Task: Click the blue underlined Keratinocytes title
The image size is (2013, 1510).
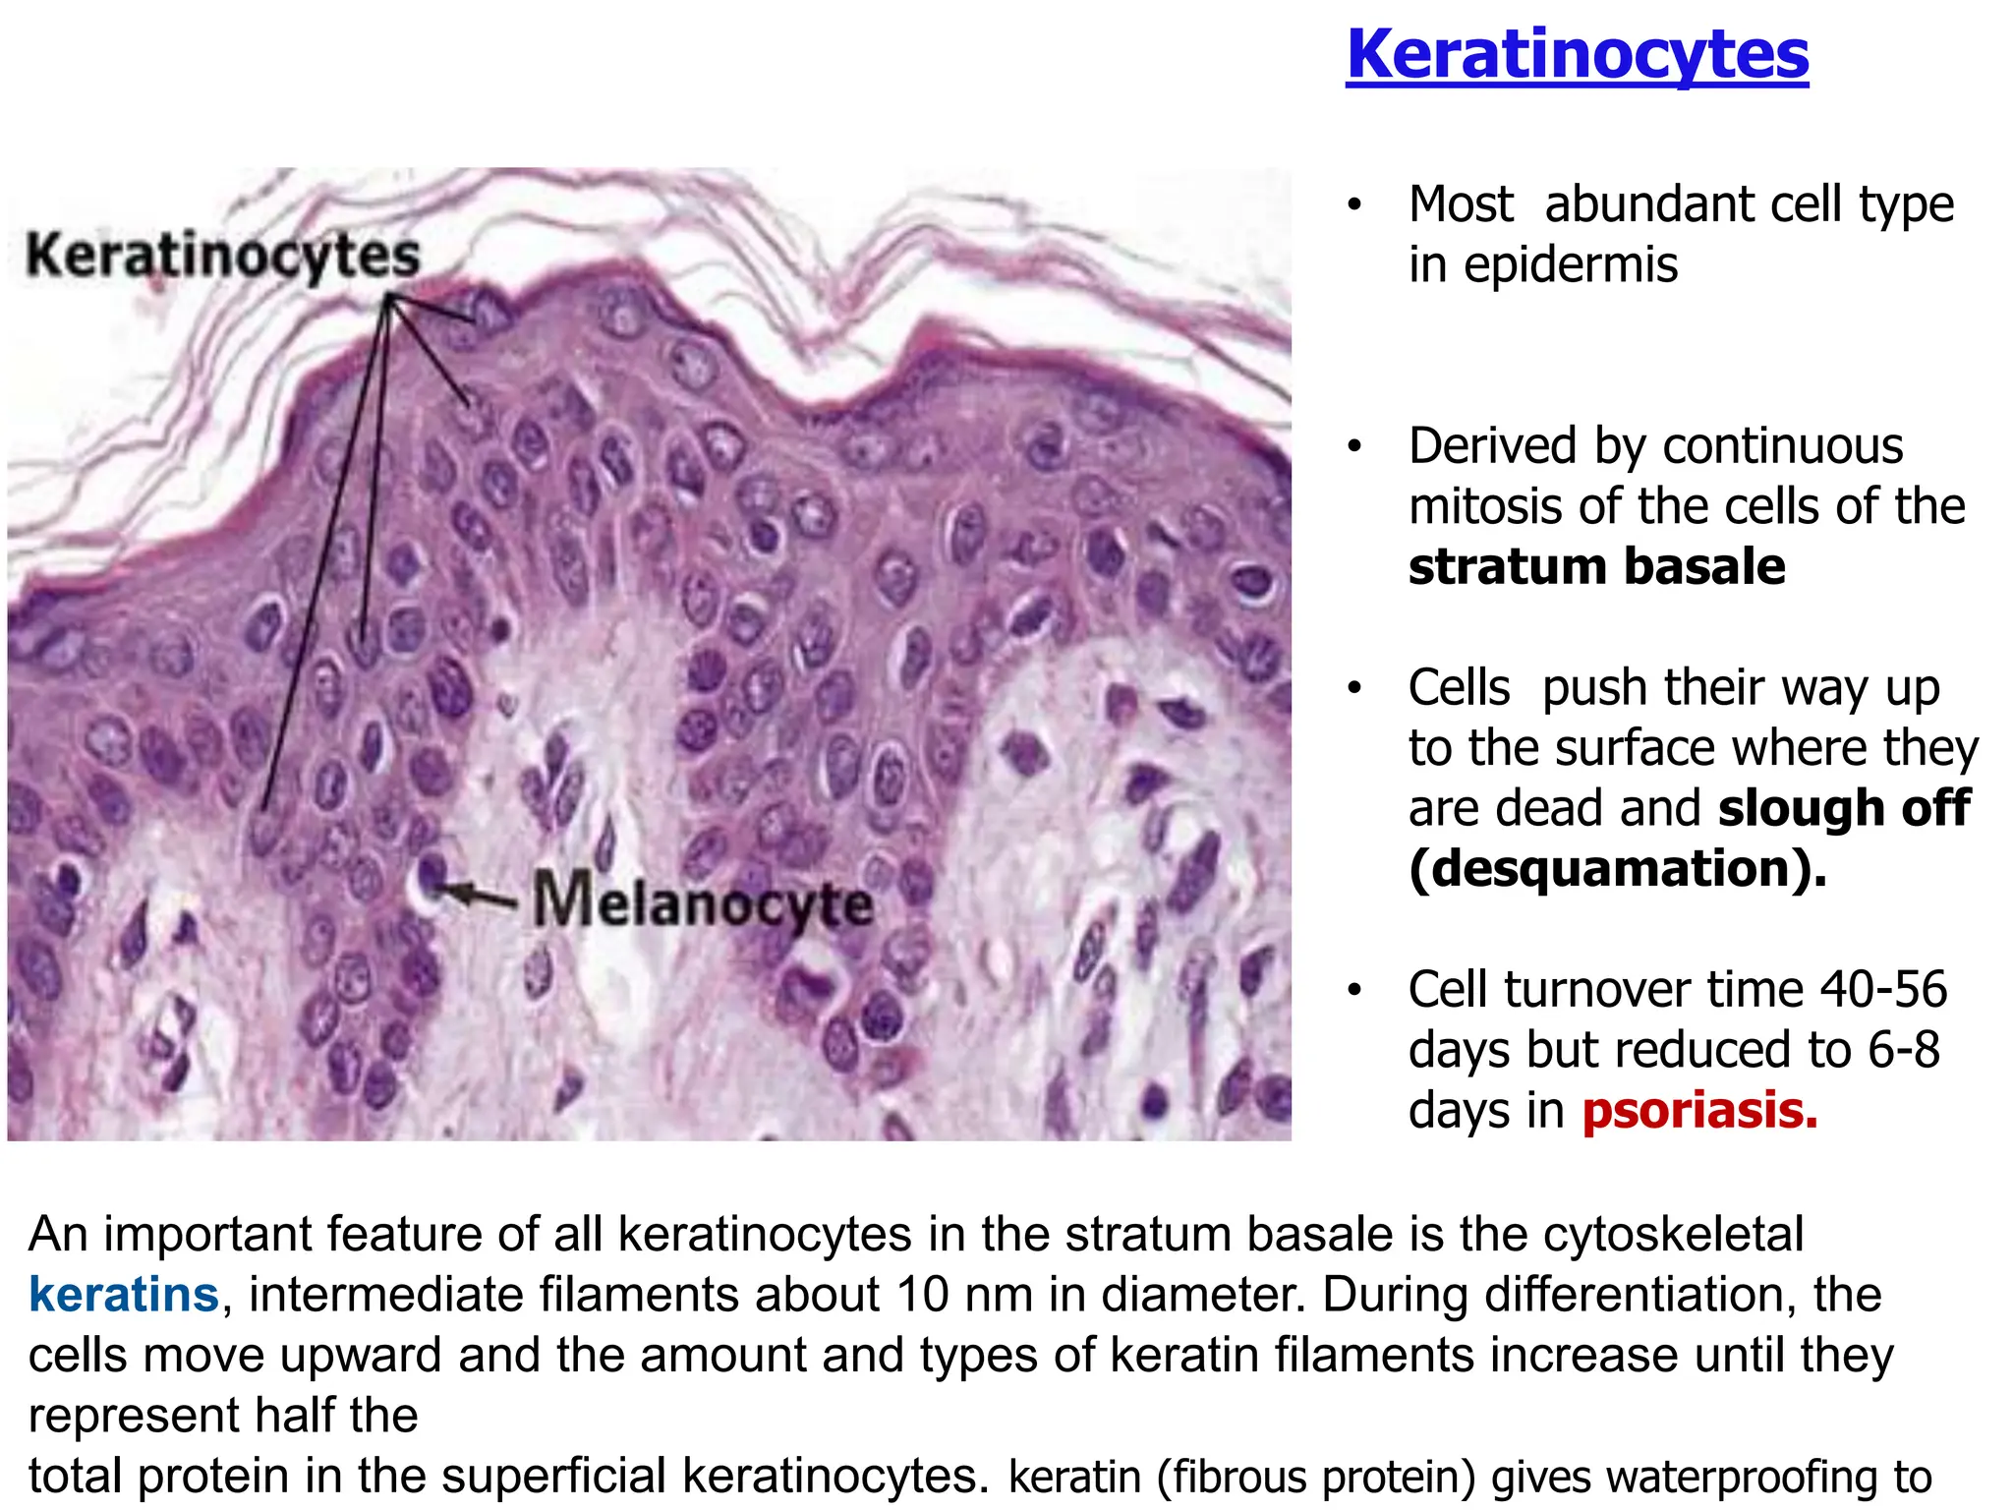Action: pyautogui.click(x=1577, y=55)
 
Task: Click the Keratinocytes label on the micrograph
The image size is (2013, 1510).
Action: pyautogui.click(x=223, y=256)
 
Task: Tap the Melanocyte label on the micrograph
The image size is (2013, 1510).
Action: pyautogui.click(x=703, y=902)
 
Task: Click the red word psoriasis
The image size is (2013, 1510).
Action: pyautogui.click(x=1699, y=1111)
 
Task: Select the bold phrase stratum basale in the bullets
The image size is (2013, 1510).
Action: pyautogui.click(x=1596, y=567)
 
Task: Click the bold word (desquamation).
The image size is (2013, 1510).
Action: pyautogui.click(x=1618, y=869)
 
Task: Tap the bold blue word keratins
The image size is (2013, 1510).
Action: pyautogui.click(x=124, y=1295)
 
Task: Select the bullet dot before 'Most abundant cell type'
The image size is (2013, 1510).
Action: pyautogui.click(x=1354, y=205)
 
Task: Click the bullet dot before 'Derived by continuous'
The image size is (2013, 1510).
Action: pyautogui.click(x=1354, y=447)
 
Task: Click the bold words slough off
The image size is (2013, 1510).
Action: pyautogui.click(x=1844, y=809)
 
